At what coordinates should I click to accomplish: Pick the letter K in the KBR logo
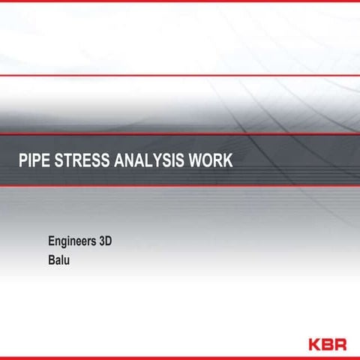315,343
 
